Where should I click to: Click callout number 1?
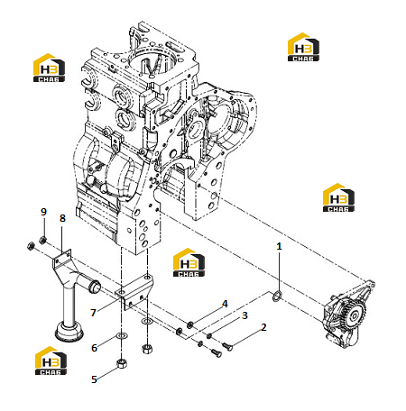point(279,246)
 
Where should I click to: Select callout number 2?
point(263,327)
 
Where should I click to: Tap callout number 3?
point(245,315)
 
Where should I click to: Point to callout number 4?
point(225,304)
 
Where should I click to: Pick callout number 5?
point(95,379)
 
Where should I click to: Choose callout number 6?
point(95,348)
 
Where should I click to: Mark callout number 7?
point(93,313)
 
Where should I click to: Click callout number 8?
point(62,218)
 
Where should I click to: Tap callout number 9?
point(43,212)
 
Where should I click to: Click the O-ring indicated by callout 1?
point(277,296)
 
